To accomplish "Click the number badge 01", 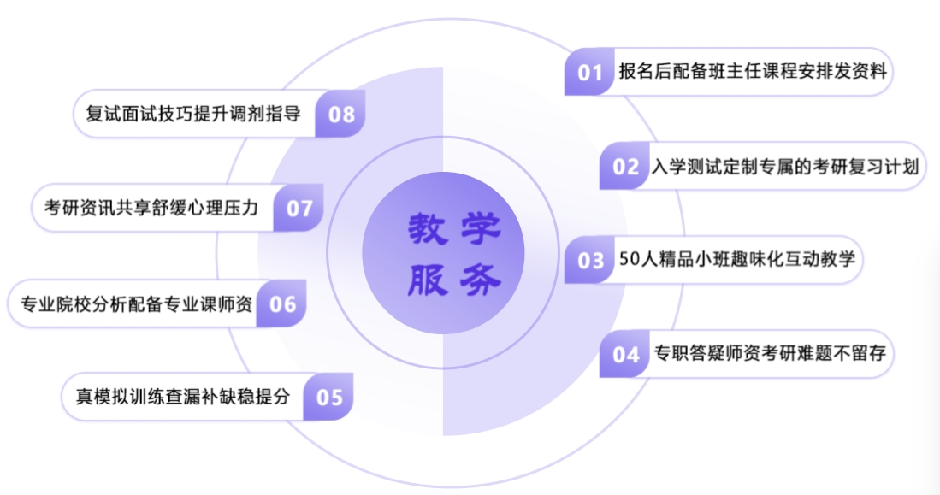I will pyautogui.click(x=590, y=72).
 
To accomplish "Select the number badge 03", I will pyautogui.click(x=590, y=260).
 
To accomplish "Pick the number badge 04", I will pyautogui.click(x=625, y=354).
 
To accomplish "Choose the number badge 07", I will pyautogui.click(x=299, y=208).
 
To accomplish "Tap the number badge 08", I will pyautogui.click(x=341, y=114).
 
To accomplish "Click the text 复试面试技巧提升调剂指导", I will pyautogui.click(x=194, y=114).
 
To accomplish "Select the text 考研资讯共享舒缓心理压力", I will pyautogui.click(x=151, y=208).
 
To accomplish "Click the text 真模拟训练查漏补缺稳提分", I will pyautogui.click(x=183, y=397).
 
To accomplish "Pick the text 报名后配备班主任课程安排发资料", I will pyautogui.click(x=752, y=72).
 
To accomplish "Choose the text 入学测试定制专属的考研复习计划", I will pyautogui.click(x=784, y=166).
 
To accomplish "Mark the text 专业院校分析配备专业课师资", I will pyautogui.click(x=135, y=303).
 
